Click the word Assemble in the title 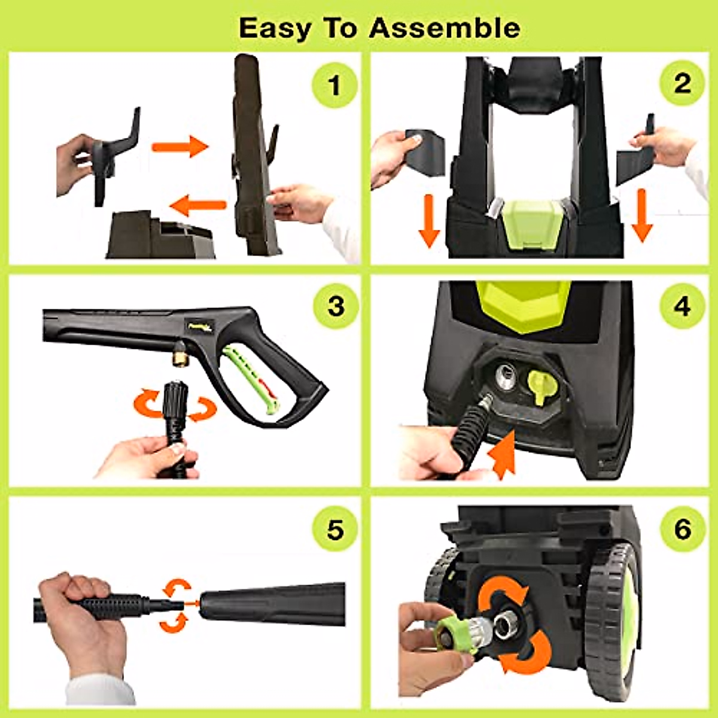pyautogui.click(x=445, y=28)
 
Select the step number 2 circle pyautogui.click(x=682, y=84)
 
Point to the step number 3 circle pyautogui.click(x=336, y=306)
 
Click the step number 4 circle pyautogui.click(x=682, y=306)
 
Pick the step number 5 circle pyautogui.click(x=335, y=530)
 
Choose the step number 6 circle pyautogui.click(x=682, y=530)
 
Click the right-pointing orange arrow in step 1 pyautogui.click(x=180, y=146)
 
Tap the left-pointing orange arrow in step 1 pyautogui.click(x=198, y=206)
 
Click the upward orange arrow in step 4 pyautogui.click(x=504, y=456)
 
